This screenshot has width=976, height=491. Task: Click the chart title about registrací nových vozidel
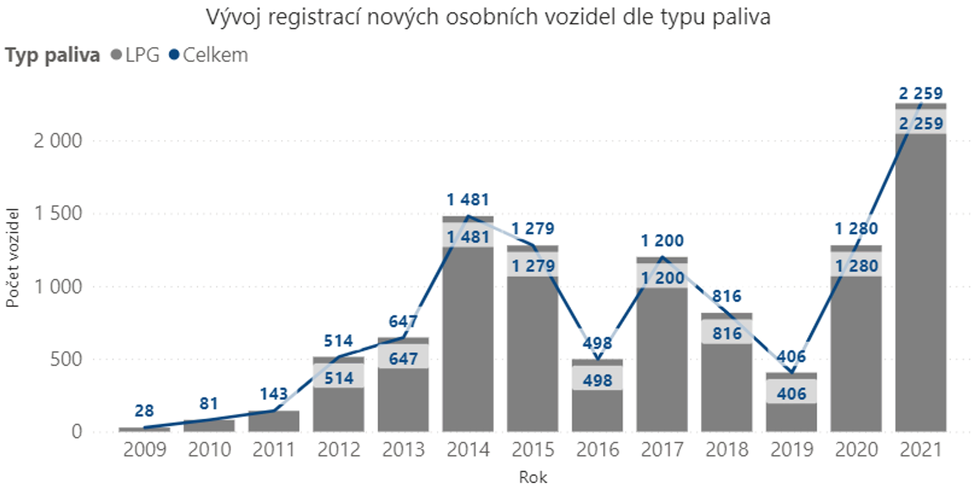[488, 17]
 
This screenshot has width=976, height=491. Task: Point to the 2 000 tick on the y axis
[58, 141]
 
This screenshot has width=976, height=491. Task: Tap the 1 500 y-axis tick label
[58, 213]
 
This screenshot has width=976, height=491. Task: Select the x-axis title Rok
[533, 477]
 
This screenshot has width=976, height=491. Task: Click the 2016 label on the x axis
[597, 450]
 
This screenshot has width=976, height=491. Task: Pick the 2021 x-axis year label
[921, 450]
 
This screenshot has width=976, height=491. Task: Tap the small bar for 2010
[209, 426]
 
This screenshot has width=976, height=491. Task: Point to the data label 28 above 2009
[144, 411]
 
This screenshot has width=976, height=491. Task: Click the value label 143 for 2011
[274, 394]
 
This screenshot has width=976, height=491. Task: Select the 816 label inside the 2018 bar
[727, 334]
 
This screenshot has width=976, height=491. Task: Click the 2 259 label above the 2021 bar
[921, 94]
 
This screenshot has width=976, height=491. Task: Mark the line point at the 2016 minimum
[597, 360]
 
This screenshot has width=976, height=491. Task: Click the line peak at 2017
[662, 257]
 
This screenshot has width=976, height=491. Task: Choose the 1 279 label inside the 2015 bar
[533, 266]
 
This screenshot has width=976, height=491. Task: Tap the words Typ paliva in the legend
[52, 55]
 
